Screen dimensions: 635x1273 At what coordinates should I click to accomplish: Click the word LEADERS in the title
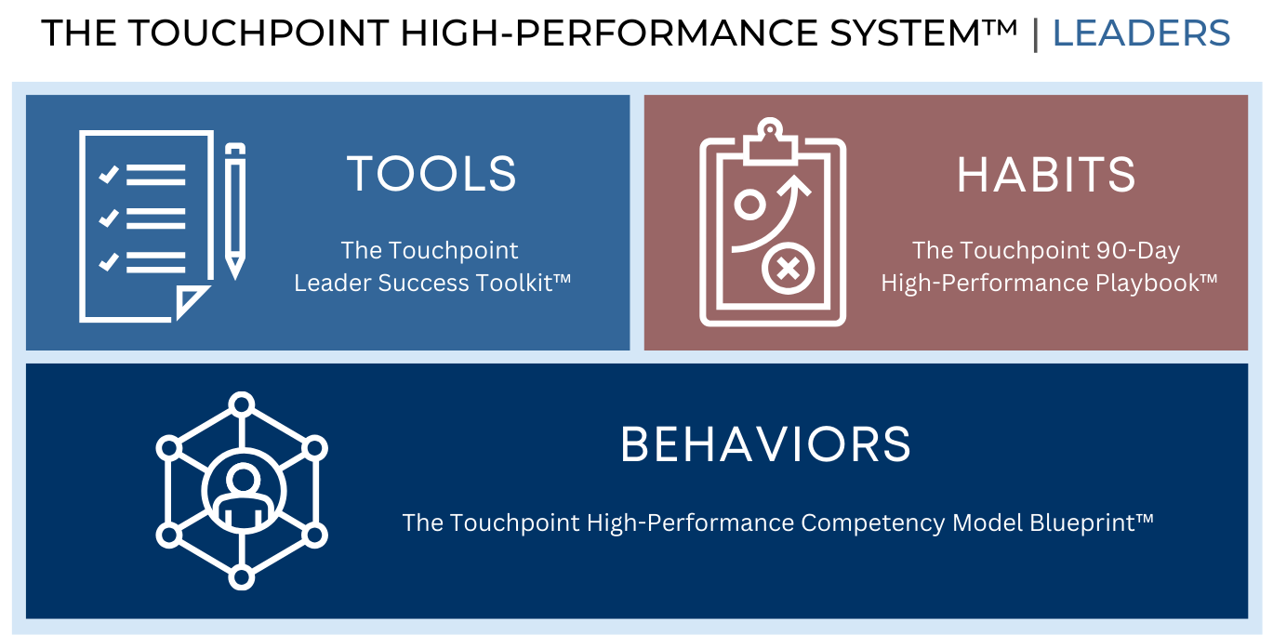[1141, 34]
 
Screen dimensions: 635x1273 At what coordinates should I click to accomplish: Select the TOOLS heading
[431, 174]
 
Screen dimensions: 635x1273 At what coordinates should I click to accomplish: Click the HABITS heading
[1046, 175]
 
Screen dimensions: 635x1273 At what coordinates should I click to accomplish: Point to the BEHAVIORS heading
[765, 444]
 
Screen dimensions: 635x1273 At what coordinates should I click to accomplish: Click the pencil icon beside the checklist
[235, 210]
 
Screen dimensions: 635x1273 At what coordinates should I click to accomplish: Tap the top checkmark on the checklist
[109, 174]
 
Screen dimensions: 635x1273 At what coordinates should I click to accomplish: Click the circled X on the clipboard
[788, 270]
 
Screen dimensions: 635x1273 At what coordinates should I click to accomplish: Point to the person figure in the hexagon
[242, 494]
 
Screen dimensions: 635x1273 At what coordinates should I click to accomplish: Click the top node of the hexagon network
[242, 404]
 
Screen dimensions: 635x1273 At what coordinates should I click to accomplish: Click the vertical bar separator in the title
[1035, 34]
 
